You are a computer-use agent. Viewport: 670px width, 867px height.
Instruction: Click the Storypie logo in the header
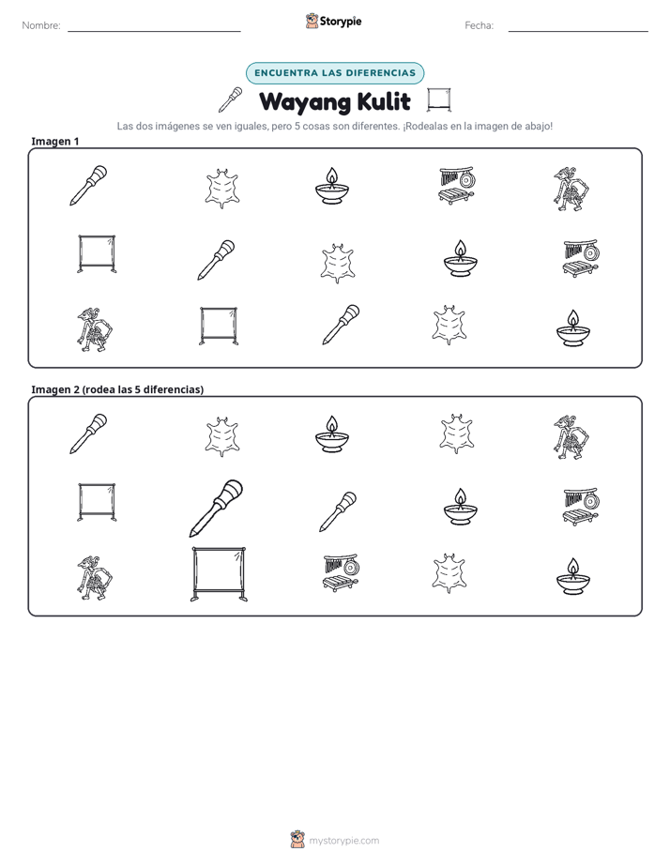334,21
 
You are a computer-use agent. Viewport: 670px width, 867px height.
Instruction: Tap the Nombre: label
41,25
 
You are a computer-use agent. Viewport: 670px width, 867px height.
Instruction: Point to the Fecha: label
479,25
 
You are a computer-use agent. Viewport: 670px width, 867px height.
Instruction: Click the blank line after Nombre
154,32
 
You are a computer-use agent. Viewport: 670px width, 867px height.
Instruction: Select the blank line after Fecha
578,32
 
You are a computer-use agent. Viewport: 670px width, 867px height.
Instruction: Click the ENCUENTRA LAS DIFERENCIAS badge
335,73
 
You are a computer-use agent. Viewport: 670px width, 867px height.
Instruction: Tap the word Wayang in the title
305,102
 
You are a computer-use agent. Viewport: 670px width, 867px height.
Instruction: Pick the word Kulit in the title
384,101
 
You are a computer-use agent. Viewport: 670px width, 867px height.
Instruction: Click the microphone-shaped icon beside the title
231,99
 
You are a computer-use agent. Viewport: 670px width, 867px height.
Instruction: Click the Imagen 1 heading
55,141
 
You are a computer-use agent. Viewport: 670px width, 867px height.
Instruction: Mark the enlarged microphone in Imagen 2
216,509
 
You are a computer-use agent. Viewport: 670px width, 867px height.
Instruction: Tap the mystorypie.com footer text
343,841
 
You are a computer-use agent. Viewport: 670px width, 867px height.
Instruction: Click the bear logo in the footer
297,840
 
